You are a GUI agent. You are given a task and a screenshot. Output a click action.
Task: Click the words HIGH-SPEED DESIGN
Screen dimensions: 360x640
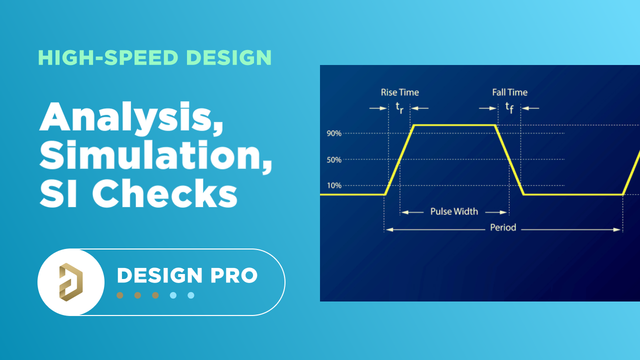click(154, 58)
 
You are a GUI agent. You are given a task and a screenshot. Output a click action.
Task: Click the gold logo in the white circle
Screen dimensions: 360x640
click(70, 282)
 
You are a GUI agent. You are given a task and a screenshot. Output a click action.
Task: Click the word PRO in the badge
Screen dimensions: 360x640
click(234, 275)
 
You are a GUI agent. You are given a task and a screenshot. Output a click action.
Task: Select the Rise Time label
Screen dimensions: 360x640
click(399, 92)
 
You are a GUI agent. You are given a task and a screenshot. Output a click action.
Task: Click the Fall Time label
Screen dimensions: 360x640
click(509, 92)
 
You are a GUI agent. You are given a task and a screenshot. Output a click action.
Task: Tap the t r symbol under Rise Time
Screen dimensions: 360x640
click(399, 108)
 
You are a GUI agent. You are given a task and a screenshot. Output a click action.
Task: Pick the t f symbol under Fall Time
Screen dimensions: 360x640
click(509, 107)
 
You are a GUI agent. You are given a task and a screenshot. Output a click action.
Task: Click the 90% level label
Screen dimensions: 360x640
click(334, 133)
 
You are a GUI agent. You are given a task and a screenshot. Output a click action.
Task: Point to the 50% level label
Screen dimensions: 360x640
click(334, 160)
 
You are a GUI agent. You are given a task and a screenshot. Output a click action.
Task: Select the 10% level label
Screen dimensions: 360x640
click(334, 185)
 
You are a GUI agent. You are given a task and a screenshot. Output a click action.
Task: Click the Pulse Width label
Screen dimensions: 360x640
click(454, 211)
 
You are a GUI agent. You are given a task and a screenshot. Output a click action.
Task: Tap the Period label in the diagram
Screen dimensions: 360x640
click(502, 227)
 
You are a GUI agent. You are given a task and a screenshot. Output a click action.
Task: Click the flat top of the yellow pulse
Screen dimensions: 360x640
click(454, 125)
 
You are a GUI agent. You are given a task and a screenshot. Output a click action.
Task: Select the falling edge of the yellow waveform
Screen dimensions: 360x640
click(509, 160)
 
